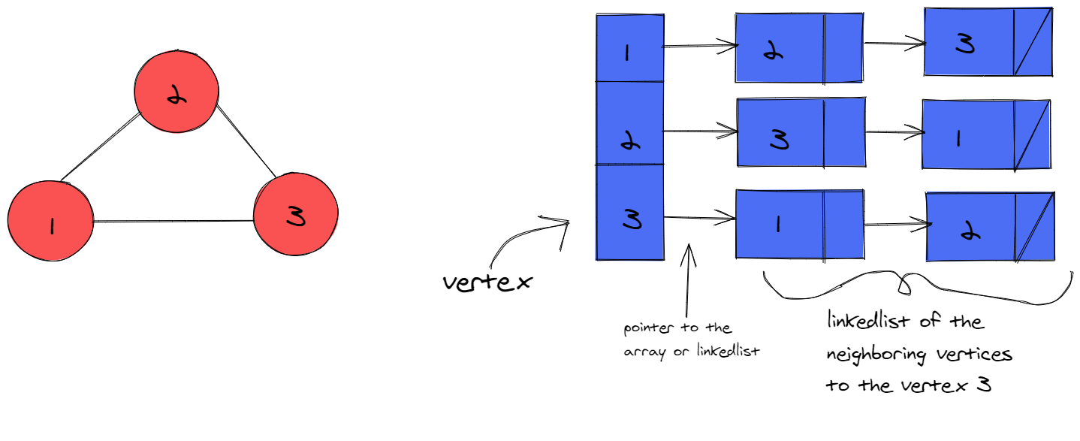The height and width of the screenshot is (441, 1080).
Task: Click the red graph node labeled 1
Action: (50, 222)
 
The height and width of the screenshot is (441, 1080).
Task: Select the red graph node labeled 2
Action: (176, 91)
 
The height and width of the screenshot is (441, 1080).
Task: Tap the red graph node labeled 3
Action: (295, 216)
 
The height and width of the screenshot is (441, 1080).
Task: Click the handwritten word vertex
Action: (487, 282)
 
